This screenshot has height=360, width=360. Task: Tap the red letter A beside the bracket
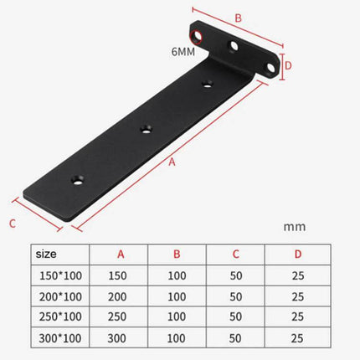click(172, 141)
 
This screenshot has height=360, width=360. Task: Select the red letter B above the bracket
click(238, 16)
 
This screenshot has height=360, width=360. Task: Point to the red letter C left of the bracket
click(13, 223)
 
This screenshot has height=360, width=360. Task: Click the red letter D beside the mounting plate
click(288, 64)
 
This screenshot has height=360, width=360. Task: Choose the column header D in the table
click(298, 254)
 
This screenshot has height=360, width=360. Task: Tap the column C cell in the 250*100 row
click(238, 317)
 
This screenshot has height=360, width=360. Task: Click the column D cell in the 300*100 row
click(298, 338)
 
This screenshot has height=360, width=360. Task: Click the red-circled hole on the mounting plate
click(202, 35)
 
